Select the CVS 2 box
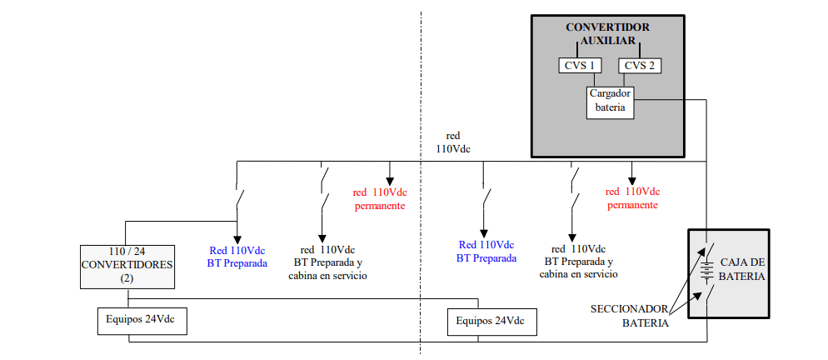(640, 66)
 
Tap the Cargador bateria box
(610, 102)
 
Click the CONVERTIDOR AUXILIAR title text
(608, 34)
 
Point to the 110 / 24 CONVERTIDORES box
(127, 267)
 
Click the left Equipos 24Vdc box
(142, 320)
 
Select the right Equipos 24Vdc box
(492, 322)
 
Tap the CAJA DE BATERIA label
(742, 269)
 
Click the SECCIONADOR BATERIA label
(630, 316)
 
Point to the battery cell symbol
(706, 272)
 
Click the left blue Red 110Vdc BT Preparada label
(237, 257)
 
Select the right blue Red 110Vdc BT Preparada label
(486, 251)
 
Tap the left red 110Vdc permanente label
(380, 198)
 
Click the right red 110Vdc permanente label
(632, 197)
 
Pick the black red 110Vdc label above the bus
(453, 142)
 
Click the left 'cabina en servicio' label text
(327, 276)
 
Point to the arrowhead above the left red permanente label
(390, 181)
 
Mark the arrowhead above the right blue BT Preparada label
(483, 233)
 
